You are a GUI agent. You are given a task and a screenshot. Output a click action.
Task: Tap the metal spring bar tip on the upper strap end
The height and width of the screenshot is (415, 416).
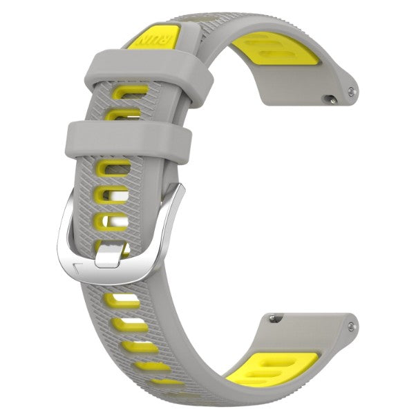pyautogui.click(x=354, y=90)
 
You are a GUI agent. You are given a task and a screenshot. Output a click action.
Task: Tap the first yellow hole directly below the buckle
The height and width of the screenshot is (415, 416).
pyautogui.click(x=122, y=299)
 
